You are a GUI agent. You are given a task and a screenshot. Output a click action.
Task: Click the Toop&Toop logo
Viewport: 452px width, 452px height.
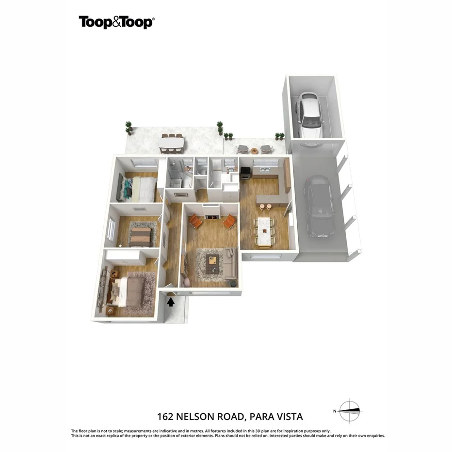pos(116,22)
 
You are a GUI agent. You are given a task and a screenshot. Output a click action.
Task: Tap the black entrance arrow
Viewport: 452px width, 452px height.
pos(171,302)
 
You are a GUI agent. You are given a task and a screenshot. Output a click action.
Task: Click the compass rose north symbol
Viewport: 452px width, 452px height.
pos(349,411)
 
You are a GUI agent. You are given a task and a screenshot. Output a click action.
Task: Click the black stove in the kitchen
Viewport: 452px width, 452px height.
pos(245,173)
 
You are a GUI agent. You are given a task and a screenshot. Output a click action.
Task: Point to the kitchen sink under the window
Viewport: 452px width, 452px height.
pos(265,170)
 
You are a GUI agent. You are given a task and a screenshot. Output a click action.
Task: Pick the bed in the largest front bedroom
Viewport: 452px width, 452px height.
pos(129,291)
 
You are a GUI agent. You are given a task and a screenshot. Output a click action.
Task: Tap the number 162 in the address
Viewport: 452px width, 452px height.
pos(165,417)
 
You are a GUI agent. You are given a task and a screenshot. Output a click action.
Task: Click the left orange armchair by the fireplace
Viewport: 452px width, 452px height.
pos(195,221)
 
